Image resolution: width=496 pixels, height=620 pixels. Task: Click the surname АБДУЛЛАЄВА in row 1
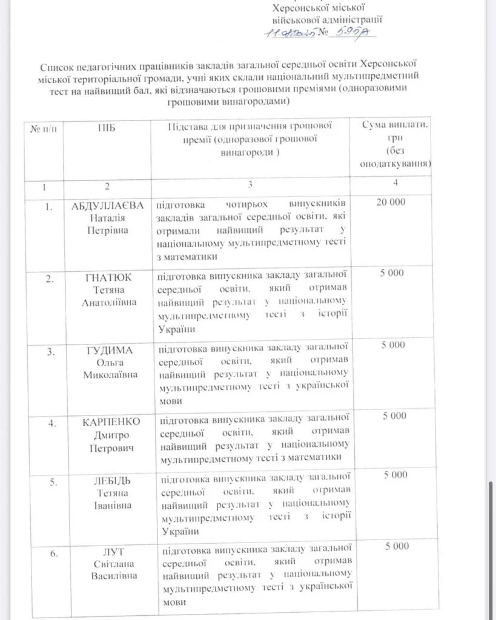coord(107,205)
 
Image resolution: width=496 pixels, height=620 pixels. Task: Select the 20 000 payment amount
coord(391,202)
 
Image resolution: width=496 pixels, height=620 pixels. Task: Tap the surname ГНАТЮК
coord(108,277)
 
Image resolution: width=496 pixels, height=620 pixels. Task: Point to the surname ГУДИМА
coord(109,351)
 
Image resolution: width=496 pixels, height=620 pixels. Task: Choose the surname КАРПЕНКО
coord(111,421)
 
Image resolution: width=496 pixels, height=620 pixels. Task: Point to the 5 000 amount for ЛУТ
coord(396,546)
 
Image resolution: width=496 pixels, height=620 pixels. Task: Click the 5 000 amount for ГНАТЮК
coord(392,273)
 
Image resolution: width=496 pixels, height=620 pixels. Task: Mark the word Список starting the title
coord(56,66)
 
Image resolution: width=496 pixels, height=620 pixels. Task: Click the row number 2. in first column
coord(53,279)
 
